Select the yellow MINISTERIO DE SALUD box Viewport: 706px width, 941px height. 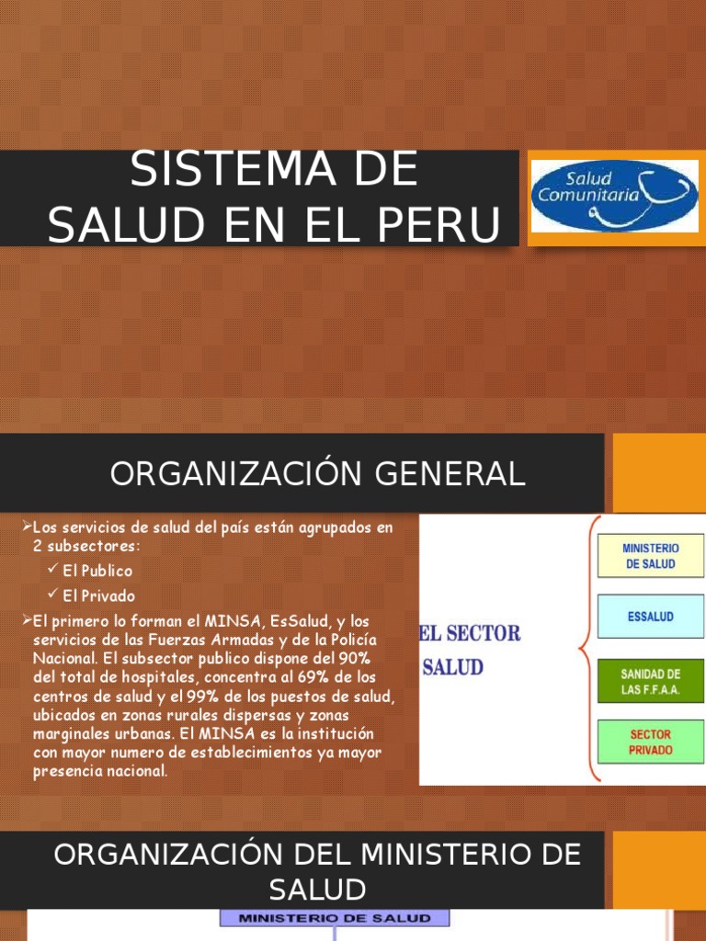pyautogui.click(x=651, y=556)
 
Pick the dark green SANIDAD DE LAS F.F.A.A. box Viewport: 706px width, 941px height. pyautogui.click(x=651, y=682)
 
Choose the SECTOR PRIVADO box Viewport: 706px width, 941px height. pyautogui.click(x=651, y=742)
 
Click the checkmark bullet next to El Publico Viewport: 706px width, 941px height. pyautogui.click(x=53, y=571)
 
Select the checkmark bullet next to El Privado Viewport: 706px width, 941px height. pyautogui.click(x=53, y=595)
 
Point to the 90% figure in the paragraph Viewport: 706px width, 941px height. pyautogui.click(x=351, y=659)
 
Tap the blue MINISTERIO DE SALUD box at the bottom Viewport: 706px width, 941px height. pyautogui.click(x=334, y=918)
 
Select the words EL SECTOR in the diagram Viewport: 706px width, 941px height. pyautogui.click(x=470, y=634)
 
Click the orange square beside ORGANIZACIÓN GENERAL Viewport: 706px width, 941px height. pyautogui.click(x=655, y=473)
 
